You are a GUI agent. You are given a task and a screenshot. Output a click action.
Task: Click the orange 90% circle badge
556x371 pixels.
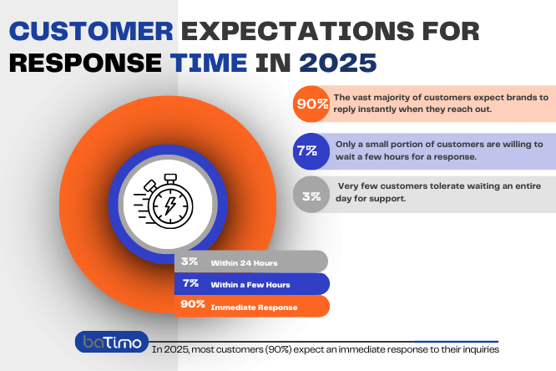(311, 104)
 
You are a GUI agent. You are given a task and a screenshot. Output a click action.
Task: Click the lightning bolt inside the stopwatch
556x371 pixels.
(171, 206)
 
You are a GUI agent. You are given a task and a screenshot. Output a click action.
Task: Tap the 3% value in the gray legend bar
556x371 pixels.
(189, 262)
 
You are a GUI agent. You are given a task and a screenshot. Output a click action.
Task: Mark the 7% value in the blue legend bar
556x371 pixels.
(189, 284)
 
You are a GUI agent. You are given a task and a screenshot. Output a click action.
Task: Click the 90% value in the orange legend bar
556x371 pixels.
(193, 305)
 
